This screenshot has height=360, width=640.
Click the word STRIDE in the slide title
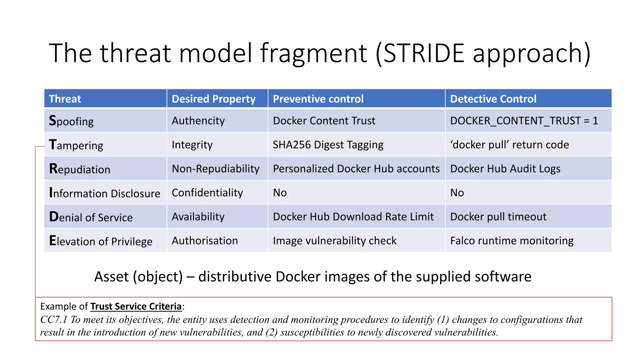[x=423, y=53]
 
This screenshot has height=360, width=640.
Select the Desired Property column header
[x=213, y=99]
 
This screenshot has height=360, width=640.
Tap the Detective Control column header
[x=493, y=99]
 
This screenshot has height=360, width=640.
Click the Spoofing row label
[x=71, y=121]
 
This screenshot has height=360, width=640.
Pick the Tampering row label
[x=76, y=145]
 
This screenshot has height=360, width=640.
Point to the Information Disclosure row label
[x=105, y=193]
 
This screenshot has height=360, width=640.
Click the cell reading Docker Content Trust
[x=324, y=121]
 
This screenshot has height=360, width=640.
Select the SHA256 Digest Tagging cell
[x=328, y=145]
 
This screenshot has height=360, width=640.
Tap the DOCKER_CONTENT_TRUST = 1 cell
[x=524, y=121]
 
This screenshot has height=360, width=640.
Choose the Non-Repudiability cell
[x=215, y=169]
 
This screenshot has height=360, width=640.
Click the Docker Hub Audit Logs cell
[x=505, y=169]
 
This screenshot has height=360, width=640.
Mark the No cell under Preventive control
[x=280, y=193]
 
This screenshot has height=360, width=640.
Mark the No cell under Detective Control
[x=457, y=193]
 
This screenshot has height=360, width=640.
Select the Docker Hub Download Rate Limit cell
[x=353, y=217]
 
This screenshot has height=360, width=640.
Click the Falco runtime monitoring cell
[x=512, y=241]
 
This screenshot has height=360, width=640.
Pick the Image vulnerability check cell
[x=334, y=241]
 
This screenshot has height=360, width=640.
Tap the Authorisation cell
[x=205, y=241]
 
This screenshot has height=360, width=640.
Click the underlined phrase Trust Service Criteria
[x=136, y=306]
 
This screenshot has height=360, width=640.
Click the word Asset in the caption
[x=111, y=277]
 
